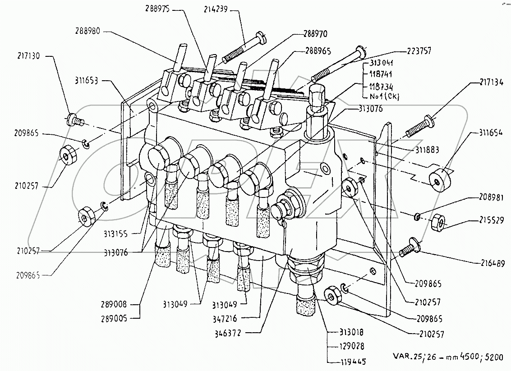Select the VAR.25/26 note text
[442, 357]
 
